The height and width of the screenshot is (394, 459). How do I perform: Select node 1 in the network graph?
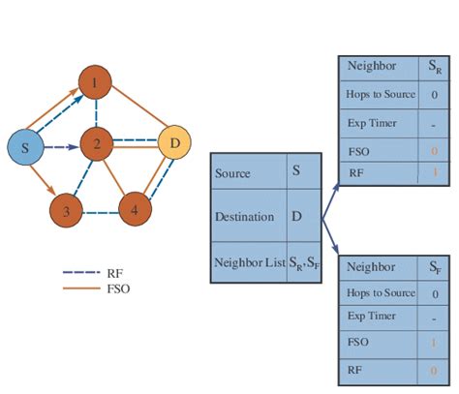94,83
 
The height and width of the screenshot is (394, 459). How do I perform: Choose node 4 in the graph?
135,206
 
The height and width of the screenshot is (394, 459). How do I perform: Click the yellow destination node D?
174,146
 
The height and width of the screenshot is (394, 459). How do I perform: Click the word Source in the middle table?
232,174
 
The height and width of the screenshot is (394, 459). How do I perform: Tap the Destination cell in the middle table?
241,217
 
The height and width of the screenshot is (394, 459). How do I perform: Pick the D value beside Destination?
296,216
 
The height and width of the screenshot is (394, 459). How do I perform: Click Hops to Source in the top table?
381,95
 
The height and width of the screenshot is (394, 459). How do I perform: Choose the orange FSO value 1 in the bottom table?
433,343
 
